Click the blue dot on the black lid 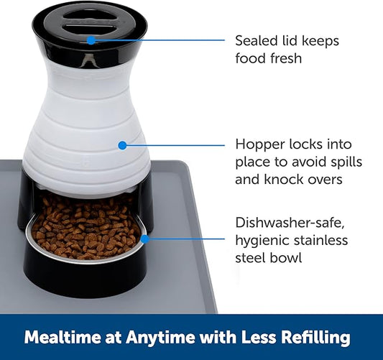pyautogui.click(x=91, y=40)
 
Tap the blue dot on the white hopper pyautogui.click(x=122, y=145)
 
